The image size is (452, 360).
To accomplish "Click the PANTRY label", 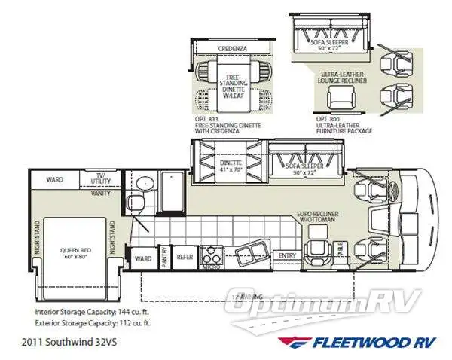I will tap(164, 256).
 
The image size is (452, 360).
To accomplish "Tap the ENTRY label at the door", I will tap(287, 256).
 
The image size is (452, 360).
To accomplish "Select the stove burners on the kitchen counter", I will tap(209, 252).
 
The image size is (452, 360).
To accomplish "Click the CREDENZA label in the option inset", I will tap(234, 49).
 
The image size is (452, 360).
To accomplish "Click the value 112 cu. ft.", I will tap(133, 322).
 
